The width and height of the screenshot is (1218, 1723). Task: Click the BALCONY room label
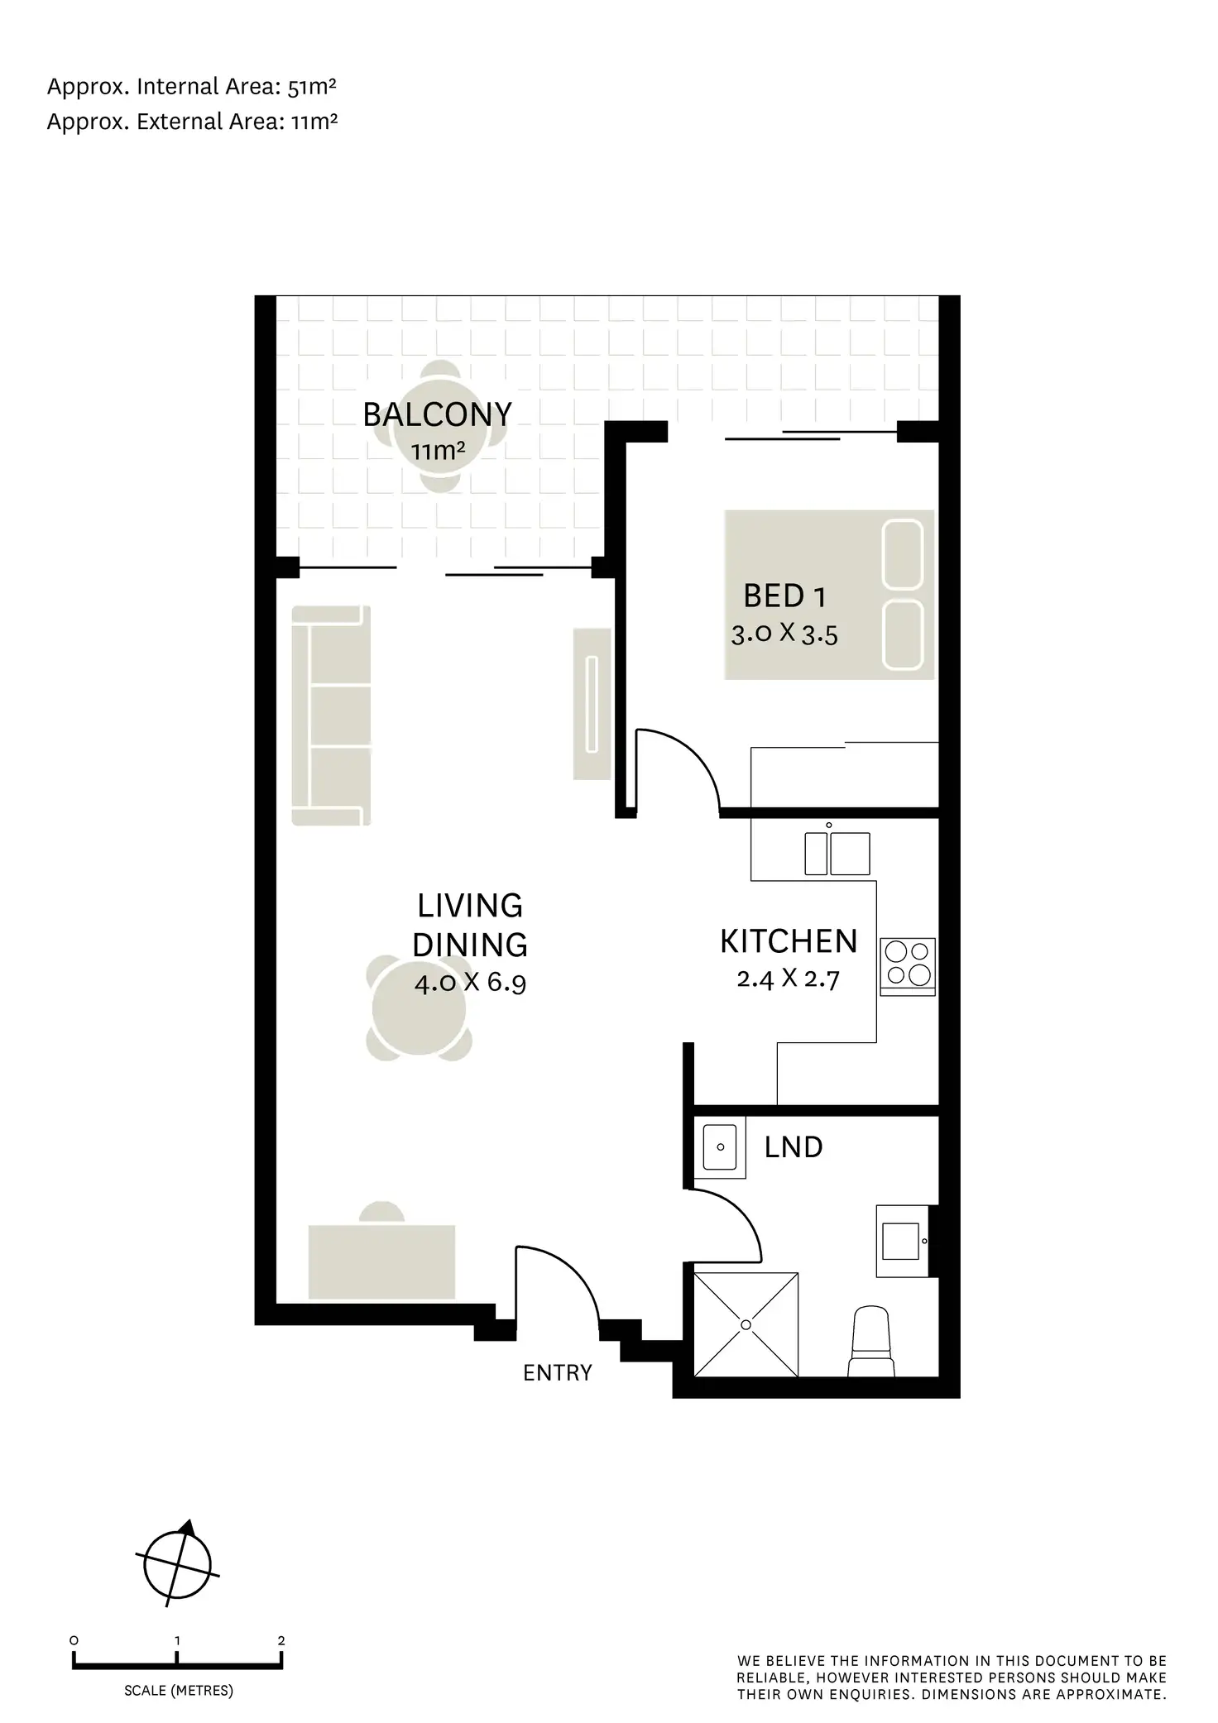click(437, 414)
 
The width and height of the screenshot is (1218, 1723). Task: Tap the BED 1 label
click(784, 596)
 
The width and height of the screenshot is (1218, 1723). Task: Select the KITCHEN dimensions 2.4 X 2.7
click(788, 979)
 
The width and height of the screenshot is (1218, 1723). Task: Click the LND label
click(793, 1147)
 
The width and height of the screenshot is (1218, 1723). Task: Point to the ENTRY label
click(557, 1372)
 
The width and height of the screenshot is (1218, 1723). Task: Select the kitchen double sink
click(837, 854)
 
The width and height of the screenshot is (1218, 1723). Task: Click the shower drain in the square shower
click(746, 1324)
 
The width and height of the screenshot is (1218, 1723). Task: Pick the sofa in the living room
click(331, 716)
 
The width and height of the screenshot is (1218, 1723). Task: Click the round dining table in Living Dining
click(420, 1009)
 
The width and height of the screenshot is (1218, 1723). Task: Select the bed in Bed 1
click(828, 595)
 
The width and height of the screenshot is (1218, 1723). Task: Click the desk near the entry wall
click(381, 1261)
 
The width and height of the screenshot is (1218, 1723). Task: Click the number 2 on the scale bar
click(281, 1640)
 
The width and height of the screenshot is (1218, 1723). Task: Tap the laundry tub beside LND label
click(720, 1146)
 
